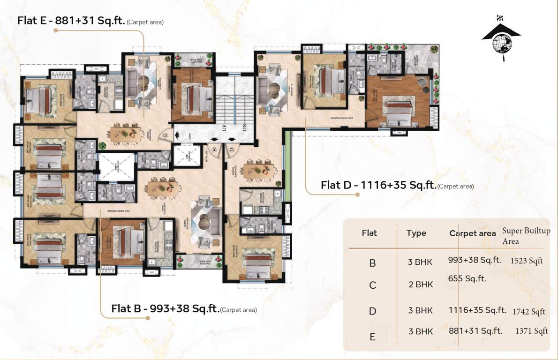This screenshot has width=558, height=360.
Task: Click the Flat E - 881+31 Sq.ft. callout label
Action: [x=90, y=21]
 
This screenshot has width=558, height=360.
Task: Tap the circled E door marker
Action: [x=166, y=135]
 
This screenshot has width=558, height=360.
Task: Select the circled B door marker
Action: [x=214, y=150]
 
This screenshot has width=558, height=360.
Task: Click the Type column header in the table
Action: [x=416, y=233]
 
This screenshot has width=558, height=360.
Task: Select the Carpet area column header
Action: [x=472, y=233]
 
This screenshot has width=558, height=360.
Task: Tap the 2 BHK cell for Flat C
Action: [x=421, y=285]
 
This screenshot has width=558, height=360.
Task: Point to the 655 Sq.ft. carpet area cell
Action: [x=467, y=279]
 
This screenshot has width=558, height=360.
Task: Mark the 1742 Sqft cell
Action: [x=528, y=311]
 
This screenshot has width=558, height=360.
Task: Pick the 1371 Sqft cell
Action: [x=531, y=331]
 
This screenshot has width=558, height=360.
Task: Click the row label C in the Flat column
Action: [x=372, y=285]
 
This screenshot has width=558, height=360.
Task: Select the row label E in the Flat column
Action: [x=372, y=337]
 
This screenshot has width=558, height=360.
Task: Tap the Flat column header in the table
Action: [x=369, y=233]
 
